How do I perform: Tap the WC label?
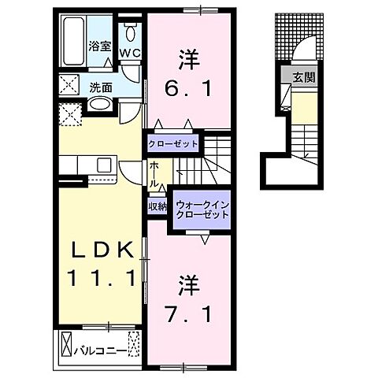131,53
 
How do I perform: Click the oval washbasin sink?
99,104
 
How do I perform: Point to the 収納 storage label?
157,207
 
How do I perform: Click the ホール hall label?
156,174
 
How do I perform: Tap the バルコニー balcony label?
100,346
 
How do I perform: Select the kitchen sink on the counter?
103,164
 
